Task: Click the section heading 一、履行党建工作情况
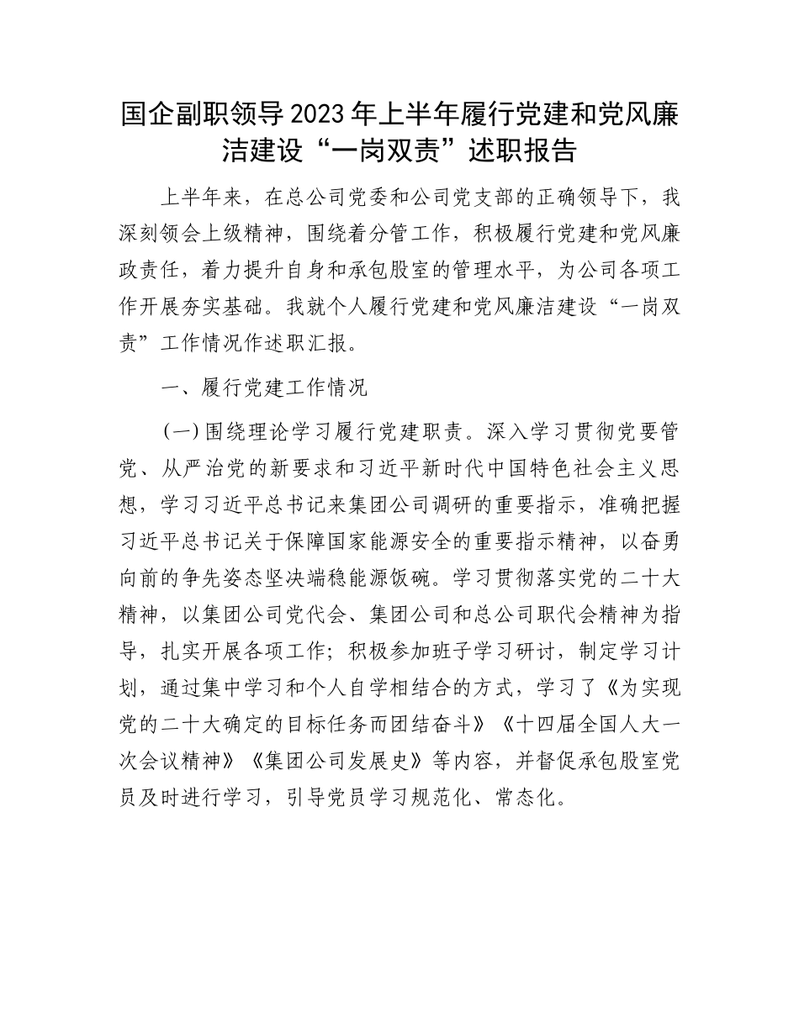tap(264, 388)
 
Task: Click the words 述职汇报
tap(357, 343)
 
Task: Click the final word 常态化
tap(542, 796)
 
